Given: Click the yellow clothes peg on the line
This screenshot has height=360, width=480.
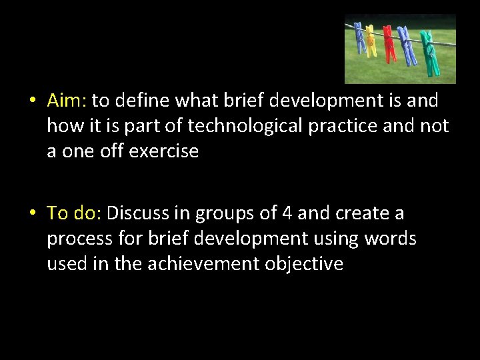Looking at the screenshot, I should pyautogui.click(x=371, y=42).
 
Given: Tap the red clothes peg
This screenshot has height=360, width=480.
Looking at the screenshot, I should pyautogui.click(x=389, y=45).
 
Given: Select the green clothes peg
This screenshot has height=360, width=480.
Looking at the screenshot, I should pyautogui.click(x=428, y=53).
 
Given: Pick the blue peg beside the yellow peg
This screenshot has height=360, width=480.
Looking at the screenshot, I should pyautogui.click(x=360, y=39).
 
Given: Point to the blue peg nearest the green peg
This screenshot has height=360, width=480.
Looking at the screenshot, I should pyautogui.click(x=407, y=47).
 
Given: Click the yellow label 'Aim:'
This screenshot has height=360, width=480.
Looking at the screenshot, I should pyautogui.click(x=67, y=101).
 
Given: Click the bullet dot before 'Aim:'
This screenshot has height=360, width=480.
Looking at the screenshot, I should pyautogui.click(x=32, y=101).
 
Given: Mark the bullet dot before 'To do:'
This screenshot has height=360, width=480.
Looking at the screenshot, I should pyautogui.click(x=32, y=214).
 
